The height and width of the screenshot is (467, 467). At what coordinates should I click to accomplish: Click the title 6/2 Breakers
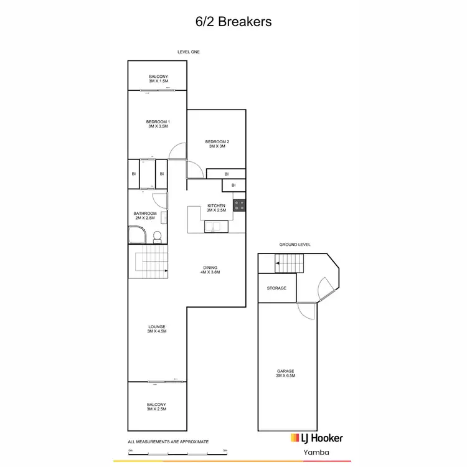pos(233,22)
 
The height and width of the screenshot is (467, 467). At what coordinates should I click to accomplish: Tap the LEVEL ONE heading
pos(188,52)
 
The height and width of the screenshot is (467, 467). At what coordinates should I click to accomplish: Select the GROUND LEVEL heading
pos(295,245)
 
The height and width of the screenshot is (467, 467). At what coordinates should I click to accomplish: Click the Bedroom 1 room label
pos(158,124)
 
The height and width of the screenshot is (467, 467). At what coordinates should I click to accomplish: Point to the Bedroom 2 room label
pos(217,144)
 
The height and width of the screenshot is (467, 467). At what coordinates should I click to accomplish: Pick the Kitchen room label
pos(216,207)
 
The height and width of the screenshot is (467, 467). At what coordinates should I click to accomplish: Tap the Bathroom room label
pos(145,215)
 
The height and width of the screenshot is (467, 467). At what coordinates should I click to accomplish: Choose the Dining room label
pos(211,270)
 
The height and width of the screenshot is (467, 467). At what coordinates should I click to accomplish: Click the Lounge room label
pos(158,329)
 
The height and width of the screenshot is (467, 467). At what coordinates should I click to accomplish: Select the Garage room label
pos(285,374)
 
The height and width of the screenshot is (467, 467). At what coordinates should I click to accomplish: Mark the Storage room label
pos(276,288)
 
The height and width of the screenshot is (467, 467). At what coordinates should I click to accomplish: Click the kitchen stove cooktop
pos(239,205)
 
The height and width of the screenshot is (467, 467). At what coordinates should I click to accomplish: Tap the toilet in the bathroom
pos(158,236)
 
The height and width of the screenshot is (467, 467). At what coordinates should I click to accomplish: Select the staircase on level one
pos(149,261)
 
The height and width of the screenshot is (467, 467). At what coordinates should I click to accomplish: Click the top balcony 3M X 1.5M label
pos(158,78)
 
